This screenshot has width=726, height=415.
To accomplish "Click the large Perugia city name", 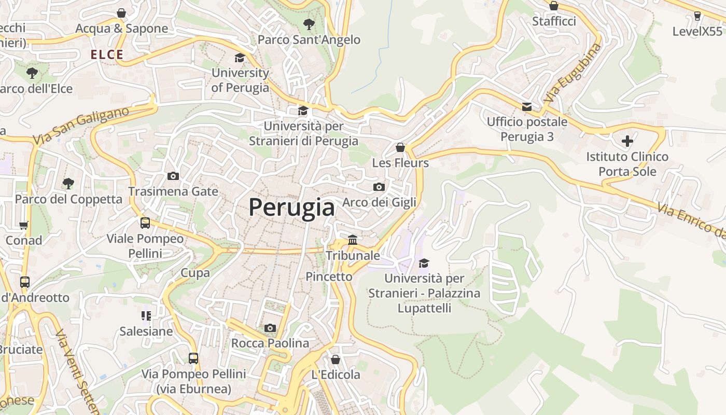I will click(x=291, y=208).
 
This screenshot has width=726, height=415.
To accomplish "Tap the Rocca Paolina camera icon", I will click(x=270, y=328).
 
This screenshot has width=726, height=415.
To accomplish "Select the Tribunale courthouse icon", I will click(x=353, y=240).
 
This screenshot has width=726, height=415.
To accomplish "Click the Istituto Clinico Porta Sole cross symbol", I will click(x=627, y=141).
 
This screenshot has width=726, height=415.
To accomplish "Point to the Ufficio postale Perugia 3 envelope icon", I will click(x=527, y=107).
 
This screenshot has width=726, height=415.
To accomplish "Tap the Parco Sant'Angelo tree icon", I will click(x=309, y=24).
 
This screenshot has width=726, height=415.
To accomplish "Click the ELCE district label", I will click(x=107, y=54).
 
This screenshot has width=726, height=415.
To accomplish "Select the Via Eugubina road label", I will click(x=573, y=73).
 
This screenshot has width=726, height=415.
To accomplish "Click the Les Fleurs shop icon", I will click(x=400, y=147).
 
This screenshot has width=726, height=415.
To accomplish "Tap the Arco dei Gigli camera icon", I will click(x=379, y=187).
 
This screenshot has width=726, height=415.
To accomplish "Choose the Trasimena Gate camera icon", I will click(x=173, y=176).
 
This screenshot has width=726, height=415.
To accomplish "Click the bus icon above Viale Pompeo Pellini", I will click(x=145, y=223).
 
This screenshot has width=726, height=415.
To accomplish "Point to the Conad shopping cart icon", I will click(x=23, y=225).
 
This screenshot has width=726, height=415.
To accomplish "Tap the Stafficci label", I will click(x=554, y=21).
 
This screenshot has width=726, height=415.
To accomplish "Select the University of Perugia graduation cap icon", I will click(x=240, y=58).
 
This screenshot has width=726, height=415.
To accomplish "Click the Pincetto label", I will click(x=329, y=276).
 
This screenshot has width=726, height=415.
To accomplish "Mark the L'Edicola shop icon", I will click(x=336, y=359).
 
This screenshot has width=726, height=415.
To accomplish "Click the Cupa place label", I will click(x=195, y=273).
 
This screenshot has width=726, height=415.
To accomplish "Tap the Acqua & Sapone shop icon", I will click(x=121, y=13).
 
